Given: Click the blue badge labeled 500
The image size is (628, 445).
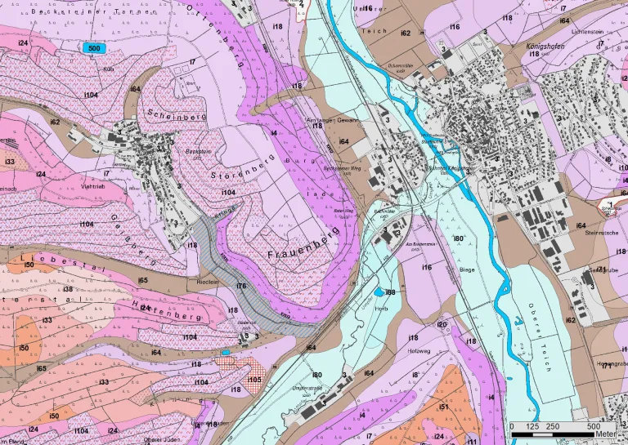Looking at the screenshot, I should (x=94, y=48).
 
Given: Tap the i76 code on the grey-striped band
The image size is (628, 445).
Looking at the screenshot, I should (x=241, y=286).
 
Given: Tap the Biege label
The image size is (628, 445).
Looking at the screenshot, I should (x=467, y=269).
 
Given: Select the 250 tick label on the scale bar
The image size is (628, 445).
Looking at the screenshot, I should (x=552, y=426).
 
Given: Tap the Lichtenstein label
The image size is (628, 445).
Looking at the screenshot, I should (x=587, y=30).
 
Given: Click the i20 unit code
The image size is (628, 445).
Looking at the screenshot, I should (x=442, y=324).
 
